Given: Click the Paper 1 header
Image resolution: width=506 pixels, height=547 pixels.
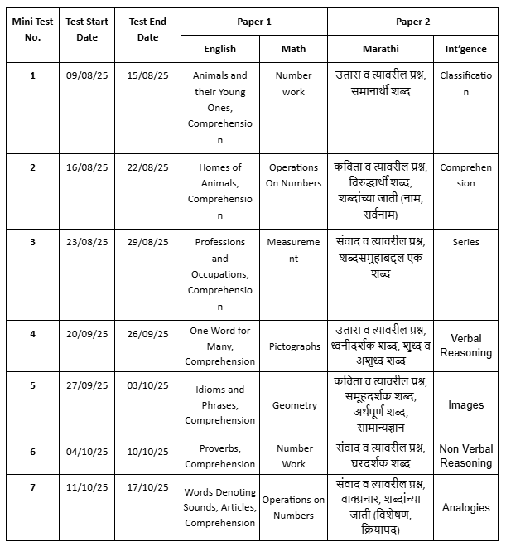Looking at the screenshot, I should pos(253,22).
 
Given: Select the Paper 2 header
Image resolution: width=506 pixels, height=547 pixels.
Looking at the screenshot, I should pos(412,22).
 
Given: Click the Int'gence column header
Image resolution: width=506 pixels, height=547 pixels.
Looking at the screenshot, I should pos(465,49).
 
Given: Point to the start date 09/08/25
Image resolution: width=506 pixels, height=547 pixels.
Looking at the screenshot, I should pos(87,75).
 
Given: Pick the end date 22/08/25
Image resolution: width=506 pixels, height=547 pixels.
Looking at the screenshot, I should pos(148,167).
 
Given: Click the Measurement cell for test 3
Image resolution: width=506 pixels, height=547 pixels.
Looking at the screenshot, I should pos(293,250).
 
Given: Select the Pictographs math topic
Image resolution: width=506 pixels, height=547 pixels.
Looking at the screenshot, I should pos(294,346).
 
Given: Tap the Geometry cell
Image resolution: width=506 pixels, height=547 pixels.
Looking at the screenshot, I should pos(294,405).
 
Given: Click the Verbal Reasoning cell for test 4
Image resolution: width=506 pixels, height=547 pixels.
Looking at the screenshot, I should pos(465,346).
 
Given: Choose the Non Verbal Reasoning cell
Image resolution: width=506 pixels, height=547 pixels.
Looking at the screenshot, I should pos(465,456).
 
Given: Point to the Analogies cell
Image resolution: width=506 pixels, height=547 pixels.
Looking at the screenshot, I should pos(465,507).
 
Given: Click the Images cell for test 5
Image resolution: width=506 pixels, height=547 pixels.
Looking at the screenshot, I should pos(465,405).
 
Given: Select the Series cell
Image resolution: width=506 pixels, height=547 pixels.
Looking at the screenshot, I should pos(465,243).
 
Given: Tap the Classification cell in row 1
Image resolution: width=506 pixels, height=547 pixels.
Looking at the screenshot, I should pos(465,84).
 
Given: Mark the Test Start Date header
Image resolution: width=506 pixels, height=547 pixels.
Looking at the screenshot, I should pos(87,30).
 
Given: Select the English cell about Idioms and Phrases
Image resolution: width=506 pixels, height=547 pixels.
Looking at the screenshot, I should pos(219,404).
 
